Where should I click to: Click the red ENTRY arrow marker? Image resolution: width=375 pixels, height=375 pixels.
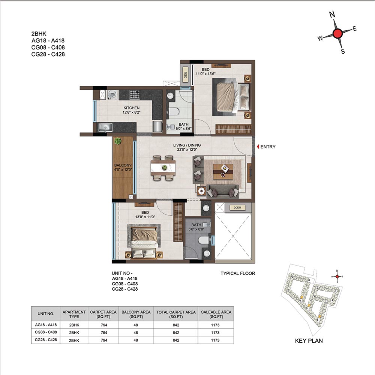click(258, 147)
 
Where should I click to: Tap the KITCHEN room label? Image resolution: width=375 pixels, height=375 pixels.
click(132, 108)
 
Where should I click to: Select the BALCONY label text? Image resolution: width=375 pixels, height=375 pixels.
click(123, 165)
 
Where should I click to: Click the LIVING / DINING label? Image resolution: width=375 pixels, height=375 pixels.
click(187, 145)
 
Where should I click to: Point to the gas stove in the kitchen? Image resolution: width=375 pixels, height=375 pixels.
click(135, 94)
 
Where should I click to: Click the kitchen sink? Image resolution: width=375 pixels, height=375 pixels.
click(105, 127)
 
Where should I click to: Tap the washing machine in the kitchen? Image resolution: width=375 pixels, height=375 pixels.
click(112, 95)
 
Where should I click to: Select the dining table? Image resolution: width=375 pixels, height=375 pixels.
click(163, 168)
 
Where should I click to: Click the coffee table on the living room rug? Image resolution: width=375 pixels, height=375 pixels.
click(223, 171)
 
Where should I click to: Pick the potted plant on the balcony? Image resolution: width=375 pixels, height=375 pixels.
click(118, 141)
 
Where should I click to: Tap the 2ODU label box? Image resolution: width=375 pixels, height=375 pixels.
click(237, 208)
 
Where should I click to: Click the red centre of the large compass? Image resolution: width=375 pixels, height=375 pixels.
click(337, 33)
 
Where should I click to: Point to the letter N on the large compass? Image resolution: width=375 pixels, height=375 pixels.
click(332, 15)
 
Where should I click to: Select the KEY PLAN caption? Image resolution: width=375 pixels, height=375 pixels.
click(309, 341)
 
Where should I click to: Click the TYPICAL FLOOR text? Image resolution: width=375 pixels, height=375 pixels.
click(238, 273)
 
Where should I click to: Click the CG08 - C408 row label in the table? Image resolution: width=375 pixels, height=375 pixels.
click(46, 332)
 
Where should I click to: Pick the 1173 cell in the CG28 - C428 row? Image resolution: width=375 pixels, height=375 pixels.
click(215, 340)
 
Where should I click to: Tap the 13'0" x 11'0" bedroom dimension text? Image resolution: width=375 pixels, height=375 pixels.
click(145, 217)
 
